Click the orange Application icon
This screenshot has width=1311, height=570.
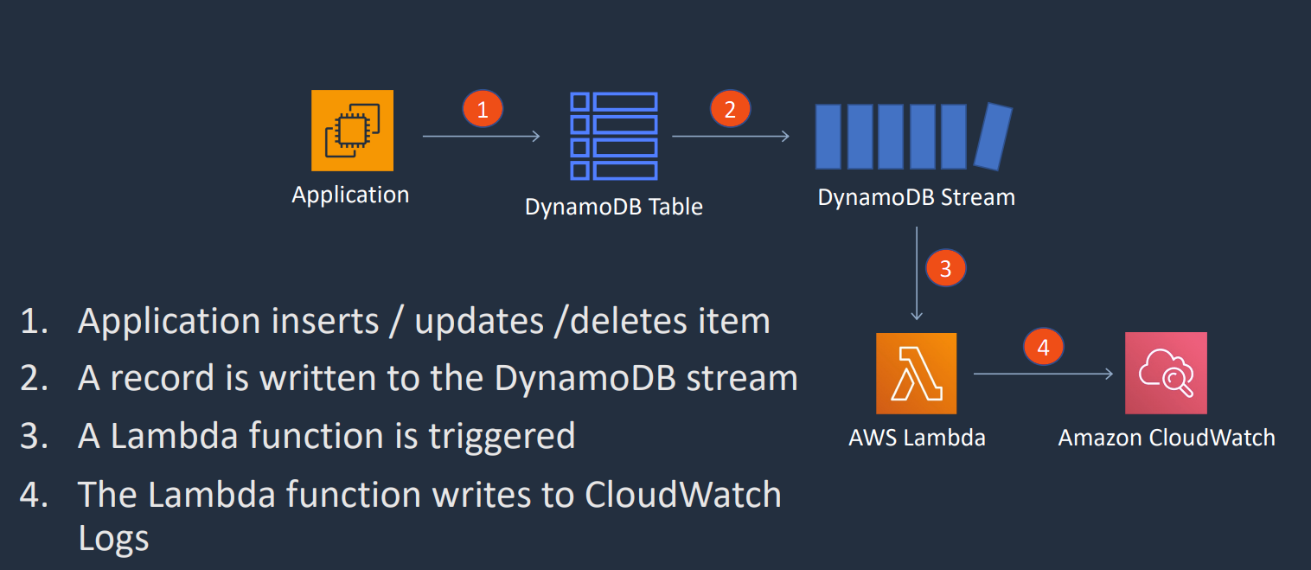click(352, 131)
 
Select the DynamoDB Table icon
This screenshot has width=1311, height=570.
click(614, 136)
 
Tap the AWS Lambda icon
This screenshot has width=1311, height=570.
click(917, 374)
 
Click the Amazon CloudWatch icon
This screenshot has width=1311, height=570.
click(1166, 374)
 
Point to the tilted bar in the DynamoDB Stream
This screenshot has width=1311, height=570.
click(994, 137)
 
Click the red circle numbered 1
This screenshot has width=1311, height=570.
click(483, 109)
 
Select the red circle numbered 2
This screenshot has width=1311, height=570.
click(731, 109)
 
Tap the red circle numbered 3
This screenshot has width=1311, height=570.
click(946, 269)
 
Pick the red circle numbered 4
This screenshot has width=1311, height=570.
click(1044, 347)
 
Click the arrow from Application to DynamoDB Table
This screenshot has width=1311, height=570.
click(481, 137)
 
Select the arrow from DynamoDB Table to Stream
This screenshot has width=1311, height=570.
click(731, 137)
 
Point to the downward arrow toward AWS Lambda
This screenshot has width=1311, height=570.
click(918, 273)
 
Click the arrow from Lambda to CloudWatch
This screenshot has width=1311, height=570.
click(1044, 374)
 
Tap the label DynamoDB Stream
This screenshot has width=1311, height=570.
click(917, 197)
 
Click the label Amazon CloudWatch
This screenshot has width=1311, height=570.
click(1167, 438)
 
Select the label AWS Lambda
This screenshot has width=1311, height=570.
click(918, 438)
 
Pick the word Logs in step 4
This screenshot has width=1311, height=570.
click(113, 538)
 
